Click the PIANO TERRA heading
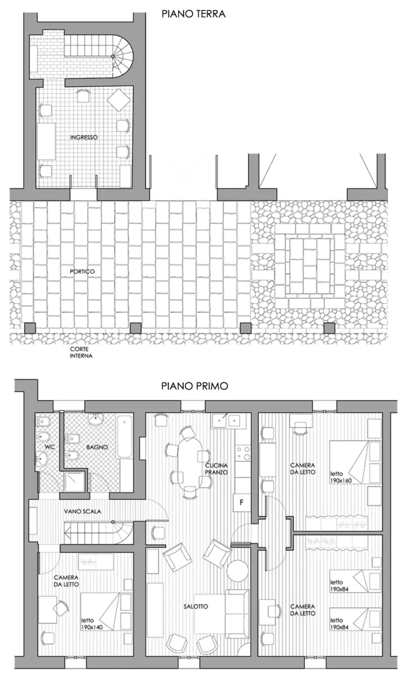193,13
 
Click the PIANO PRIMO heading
194,386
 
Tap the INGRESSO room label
84,137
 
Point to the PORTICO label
82,272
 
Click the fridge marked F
241,502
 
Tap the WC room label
50,447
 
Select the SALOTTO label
196,607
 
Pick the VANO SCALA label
83,511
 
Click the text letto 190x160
341,476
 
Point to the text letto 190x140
92,624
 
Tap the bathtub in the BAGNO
125,436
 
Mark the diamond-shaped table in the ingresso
119,100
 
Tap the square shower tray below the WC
75,481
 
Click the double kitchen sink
227,421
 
